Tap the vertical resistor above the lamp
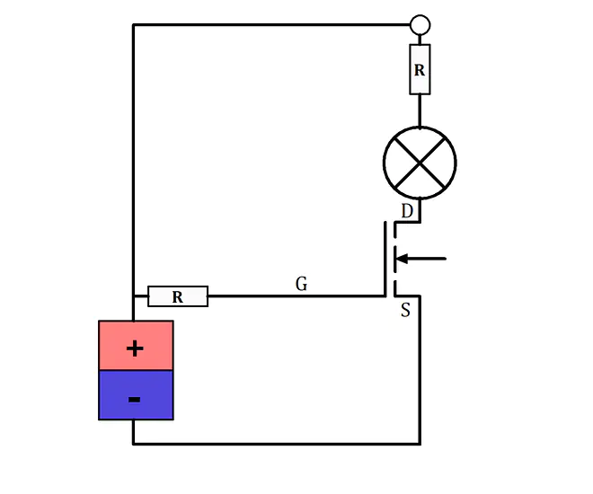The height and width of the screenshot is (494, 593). click(420, 69)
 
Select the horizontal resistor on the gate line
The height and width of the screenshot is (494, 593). click(178, 296)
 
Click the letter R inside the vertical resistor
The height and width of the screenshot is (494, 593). click(420, 70)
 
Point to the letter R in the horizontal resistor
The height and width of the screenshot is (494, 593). click(178, 297)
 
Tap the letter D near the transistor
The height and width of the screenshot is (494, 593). click(407, 211)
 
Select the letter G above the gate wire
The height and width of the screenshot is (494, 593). click(301, 284)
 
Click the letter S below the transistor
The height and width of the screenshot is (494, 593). click(405, 310)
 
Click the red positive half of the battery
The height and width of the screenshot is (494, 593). click(137, 345)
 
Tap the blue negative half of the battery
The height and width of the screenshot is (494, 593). click(137, 395)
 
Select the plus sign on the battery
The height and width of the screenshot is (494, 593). click(135, 348)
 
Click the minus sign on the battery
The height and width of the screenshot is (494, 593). click(135, 400)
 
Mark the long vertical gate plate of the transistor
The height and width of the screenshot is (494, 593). click(385, 260)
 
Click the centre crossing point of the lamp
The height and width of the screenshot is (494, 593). click(420, 163)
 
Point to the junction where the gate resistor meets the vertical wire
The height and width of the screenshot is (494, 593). click(134, 296)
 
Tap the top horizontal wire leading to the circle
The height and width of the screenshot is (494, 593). click(271, 25)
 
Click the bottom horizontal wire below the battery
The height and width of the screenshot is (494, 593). click(277, 444)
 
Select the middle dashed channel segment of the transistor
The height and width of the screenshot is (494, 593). click(395, 259)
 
